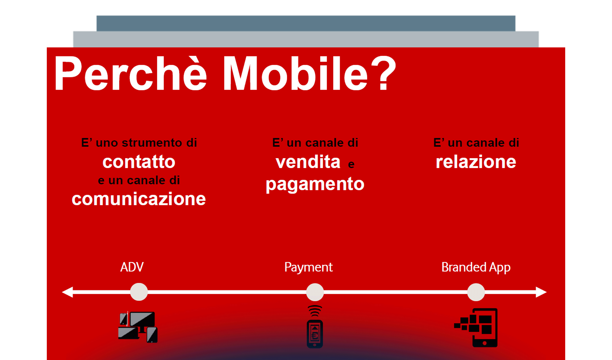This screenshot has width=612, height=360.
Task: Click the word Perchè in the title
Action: [130, 73]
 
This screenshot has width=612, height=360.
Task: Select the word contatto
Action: [139, 162]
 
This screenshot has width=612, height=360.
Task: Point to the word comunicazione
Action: [139, 199]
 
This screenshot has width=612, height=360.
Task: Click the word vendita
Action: [308, 162]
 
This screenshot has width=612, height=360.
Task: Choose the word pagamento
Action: [315, 184]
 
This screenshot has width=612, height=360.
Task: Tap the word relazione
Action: [476, 162]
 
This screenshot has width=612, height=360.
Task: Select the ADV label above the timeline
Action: [132, 267]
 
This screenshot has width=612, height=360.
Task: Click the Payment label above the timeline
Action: [308, 267]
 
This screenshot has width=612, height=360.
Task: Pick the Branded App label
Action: [476, 267]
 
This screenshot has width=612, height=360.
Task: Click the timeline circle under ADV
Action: [139, 292]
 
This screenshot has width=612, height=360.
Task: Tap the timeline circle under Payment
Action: [315, 292]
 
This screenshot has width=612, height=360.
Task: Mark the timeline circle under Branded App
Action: [476, 292]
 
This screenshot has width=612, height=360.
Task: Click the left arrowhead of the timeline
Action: [68, 292]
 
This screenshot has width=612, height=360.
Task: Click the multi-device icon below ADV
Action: [138, 327]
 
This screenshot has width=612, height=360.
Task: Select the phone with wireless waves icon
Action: [315, 327]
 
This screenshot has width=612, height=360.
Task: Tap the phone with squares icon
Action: [477, 328]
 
